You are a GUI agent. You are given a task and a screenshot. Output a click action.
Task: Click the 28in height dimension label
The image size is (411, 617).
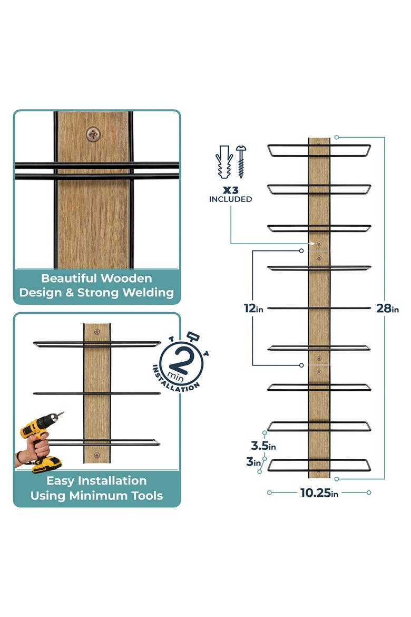[387, 308]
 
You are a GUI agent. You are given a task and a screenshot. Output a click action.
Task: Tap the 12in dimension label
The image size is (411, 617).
[253, 308]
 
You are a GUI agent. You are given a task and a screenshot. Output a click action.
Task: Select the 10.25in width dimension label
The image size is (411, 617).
[319, 493]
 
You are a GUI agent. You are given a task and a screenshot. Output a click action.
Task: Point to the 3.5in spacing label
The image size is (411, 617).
[263, 446]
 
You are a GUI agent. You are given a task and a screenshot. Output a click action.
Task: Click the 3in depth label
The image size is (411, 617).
[253, 461]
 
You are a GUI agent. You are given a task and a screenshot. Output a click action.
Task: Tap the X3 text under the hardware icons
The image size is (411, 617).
[230, 190]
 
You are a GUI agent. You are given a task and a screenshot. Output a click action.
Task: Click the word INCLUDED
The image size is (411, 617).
[230, 199]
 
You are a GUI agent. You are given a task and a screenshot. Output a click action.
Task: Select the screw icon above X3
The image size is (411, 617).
[241, 161]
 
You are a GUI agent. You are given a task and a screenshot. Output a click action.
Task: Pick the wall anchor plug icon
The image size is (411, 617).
[224, 161]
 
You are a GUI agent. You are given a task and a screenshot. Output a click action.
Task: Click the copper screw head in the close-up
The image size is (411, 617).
[93, 134]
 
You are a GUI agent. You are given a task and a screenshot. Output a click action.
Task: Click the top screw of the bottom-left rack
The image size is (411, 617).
[97, 332]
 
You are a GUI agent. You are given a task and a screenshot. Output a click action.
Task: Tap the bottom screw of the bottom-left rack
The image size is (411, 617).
[97, 456]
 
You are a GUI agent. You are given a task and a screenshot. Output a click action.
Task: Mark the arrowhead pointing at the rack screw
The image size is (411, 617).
[312, 244]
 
